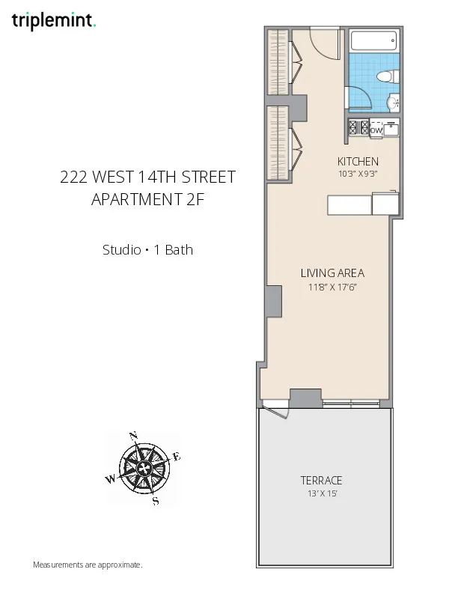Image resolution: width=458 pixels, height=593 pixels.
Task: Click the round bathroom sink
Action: coord(392,103)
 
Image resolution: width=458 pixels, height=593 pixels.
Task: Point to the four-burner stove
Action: coord(358,129)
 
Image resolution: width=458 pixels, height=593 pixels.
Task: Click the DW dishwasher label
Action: coord(376,130)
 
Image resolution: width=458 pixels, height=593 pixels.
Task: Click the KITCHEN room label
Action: coord(358,162)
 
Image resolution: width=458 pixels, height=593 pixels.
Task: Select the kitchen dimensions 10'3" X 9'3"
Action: coord(358,174)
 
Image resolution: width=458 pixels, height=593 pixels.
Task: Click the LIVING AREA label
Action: coord(332,273)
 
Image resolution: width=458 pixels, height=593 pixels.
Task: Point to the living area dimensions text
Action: coord(332,287)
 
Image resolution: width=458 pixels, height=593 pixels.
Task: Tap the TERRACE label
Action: coord(321,480)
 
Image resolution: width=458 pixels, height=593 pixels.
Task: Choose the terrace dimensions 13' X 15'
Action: coord(321,493)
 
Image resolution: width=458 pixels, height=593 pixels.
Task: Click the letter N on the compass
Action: coord(133,435)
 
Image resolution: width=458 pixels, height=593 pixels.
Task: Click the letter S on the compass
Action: coord(155,501)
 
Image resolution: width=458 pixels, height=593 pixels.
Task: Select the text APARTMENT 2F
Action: coord(147,200)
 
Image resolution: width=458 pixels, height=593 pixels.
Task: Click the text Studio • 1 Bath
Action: coord(147,250)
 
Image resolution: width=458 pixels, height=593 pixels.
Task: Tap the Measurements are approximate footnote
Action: coord(88,565)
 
